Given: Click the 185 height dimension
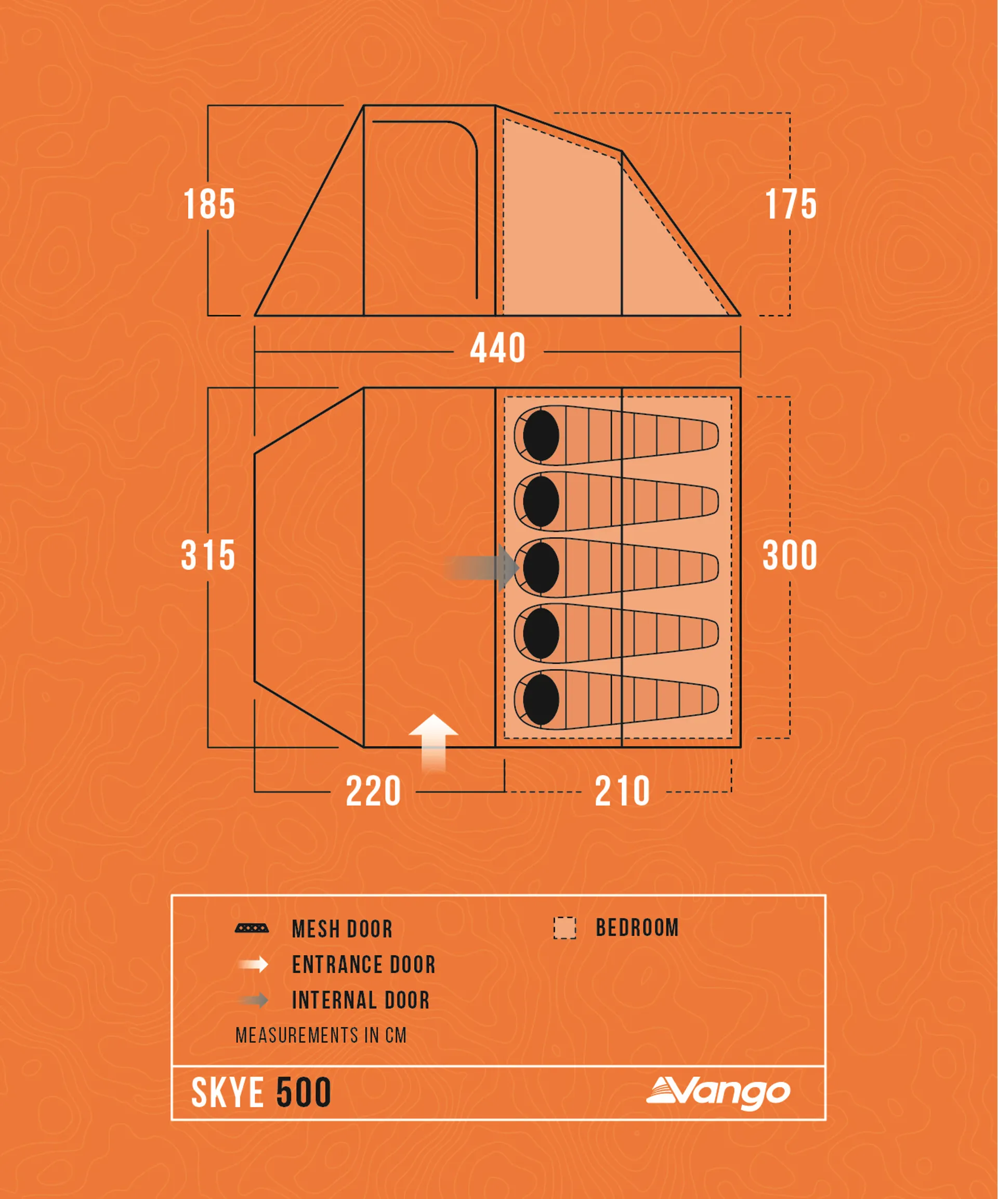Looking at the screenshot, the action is (209, 204).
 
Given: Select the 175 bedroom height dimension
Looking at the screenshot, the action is (791, 204).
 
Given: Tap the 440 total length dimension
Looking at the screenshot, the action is (498, 348).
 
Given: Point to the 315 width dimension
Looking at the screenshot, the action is (208, 555).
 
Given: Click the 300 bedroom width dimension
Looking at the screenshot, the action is (790, 555).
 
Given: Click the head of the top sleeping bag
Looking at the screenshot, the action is (541, 435).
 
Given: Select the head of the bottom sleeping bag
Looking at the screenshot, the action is (541, 700).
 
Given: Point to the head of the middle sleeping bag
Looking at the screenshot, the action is (541, 568).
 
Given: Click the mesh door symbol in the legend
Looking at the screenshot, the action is (252, 928).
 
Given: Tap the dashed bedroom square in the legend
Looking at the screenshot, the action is (564, 928).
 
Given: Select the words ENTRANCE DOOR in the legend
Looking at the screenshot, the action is (364, 964).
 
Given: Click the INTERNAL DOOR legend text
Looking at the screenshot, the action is (361, 1000).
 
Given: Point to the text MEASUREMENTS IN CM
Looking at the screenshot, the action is (321, 1035).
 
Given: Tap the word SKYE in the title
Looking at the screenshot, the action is (227, 1093).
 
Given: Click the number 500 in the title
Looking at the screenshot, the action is (304, 1093).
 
